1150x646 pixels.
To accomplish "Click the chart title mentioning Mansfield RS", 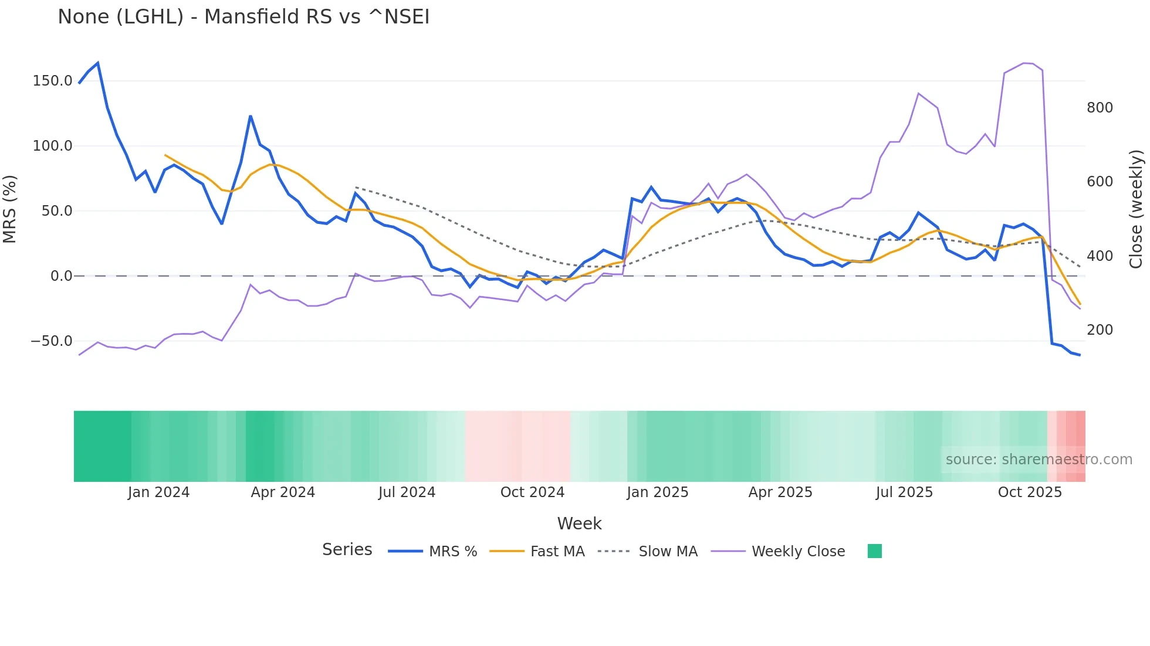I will [243, 17].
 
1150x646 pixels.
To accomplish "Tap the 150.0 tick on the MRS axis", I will [52, 81].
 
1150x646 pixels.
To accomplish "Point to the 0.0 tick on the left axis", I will [61, 276].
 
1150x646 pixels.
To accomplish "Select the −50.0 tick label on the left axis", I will [52, 341].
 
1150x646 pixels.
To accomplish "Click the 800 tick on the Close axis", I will [1100, 108].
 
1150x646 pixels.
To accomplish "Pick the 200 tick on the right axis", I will [1100, 330].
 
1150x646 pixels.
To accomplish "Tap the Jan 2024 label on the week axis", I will [158, 492].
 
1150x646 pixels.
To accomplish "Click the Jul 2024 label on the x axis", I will [407, 492].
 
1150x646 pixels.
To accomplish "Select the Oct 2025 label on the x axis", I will [1030, 492].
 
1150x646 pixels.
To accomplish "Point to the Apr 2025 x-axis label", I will [780, 492].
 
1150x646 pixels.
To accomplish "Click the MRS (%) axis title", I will [10, 209].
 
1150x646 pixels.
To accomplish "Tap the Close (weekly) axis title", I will [1137, 209].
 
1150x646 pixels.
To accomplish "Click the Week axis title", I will [579, 523].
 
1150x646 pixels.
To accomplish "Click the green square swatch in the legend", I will [874, 551].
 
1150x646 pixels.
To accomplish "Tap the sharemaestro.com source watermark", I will [1039, 460].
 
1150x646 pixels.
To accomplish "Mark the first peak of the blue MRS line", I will [97, 63].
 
